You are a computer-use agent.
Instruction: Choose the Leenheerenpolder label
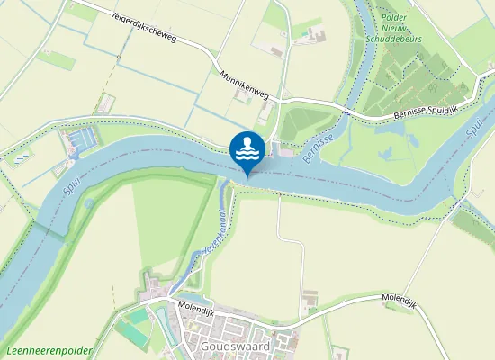40,350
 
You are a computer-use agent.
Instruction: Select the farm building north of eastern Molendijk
310,297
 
